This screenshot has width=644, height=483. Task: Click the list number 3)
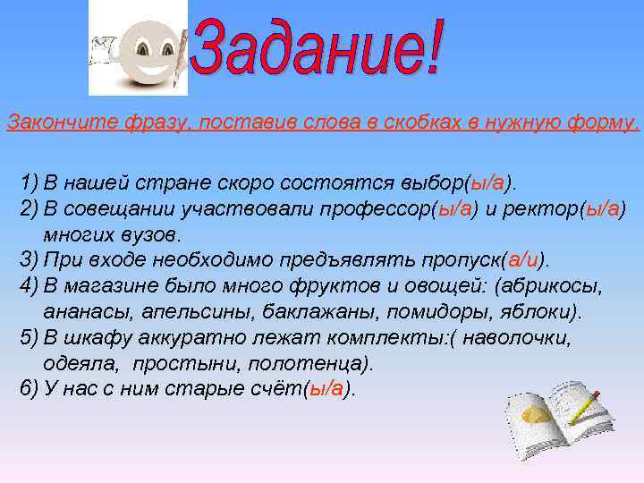[30, 260]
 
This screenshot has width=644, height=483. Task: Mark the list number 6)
[30, 389]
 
